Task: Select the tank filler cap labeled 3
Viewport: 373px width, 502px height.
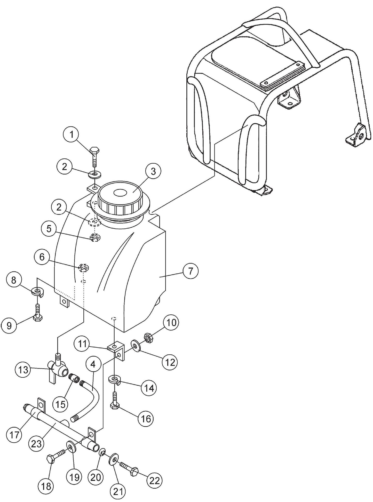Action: point(120,197)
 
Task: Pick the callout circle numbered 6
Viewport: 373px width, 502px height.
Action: point(42,257)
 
